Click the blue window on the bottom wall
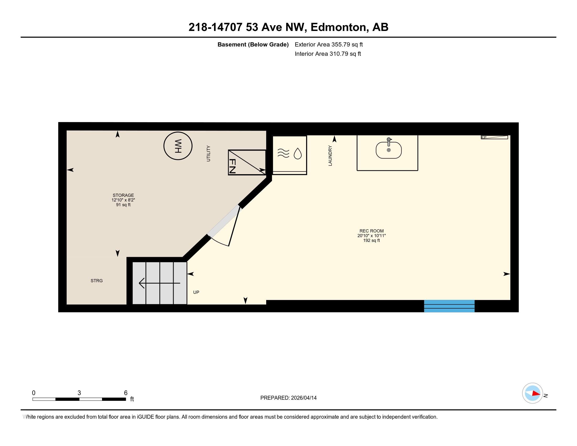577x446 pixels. [449, 306]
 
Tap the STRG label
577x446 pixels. [97, 281]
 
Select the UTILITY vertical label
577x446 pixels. [209, 153]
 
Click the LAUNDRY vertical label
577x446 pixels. [330, 156]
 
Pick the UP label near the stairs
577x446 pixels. [196, 292]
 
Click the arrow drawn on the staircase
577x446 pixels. [159, 283]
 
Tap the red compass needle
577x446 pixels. [536, 394]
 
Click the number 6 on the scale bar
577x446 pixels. [126, 393]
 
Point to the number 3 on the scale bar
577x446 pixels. [79, 393]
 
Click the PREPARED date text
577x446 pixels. [288, 398]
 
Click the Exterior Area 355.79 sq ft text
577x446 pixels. [329, 44]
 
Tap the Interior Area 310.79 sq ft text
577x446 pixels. [328, 54]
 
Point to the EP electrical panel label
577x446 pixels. [484, 137]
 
